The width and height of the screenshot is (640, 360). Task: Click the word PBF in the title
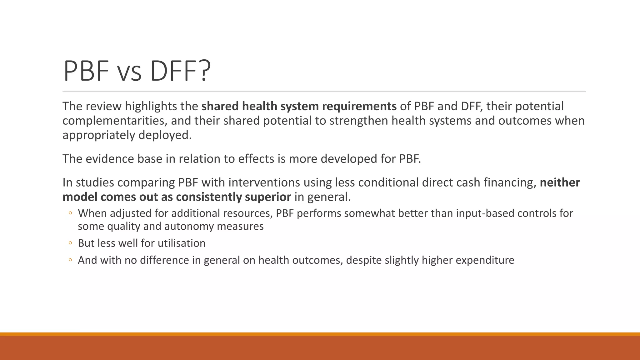[x=86, y=71]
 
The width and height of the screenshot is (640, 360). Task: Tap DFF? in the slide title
[x=180, y=71]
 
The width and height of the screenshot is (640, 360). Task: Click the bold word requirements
[x=359, y=107]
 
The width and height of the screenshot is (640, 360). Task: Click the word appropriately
[x=99, y=135]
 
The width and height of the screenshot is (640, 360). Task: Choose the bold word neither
[x=560, y=183]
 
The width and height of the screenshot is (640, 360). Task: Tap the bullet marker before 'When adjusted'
[x=70, y=213]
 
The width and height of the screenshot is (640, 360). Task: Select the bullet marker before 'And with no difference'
[x=70, y=260]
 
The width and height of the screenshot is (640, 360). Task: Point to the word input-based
[x=485, y=213]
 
